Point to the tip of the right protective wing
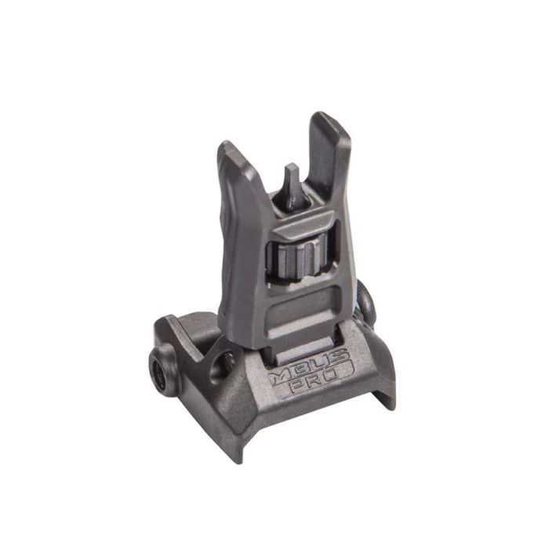click(323, 118)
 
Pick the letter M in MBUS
click(282, 380)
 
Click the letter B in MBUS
click(302, 374)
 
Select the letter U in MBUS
click(323, 368)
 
